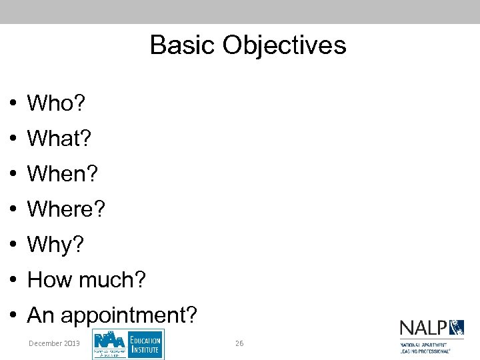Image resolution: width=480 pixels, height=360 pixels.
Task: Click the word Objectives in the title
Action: coord(285,45)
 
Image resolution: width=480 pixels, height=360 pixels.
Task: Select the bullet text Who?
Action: coord(56,103)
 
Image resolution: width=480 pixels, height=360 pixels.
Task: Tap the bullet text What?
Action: coord(59,139)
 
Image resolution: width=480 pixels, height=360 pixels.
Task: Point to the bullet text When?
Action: coord(62,174)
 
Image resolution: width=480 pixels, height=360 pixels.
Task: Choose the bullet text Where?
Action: coord(66,209)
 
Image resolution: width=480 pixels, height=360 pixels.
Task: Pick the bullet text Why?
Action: coord(56,245)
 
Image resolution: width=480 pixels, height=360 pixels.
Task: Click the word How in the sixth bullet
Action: coord(50,280)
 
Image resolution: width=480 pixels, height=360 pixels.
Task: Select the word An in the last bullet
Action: coord(40,315)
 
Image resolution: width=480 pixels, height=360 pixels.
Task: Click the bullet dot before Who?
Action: coord(13,104)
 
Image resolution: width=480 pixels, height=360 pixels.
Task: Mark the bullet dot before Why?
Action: coord(13,245)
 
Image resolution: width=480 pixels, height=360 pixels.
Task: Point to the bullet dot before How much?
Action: coord(13,281)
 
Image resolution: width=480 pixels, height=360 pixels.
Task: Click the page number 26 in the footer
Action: coord(239,343)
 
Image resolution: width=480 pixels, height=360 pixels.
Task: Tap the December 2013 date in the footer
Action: coord(54,343)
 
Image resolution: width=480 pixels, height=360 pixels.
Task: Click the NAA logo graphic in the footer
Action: coord(110,343)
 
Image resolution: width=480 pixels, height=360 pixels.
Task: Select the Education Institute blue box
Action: coord(145,344)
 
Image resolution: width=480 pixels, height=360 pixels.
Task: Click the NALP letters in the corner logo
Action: coord(423,328)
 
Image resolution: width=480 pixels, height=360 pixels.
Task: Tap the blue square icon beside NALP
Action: coord(457,327)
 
